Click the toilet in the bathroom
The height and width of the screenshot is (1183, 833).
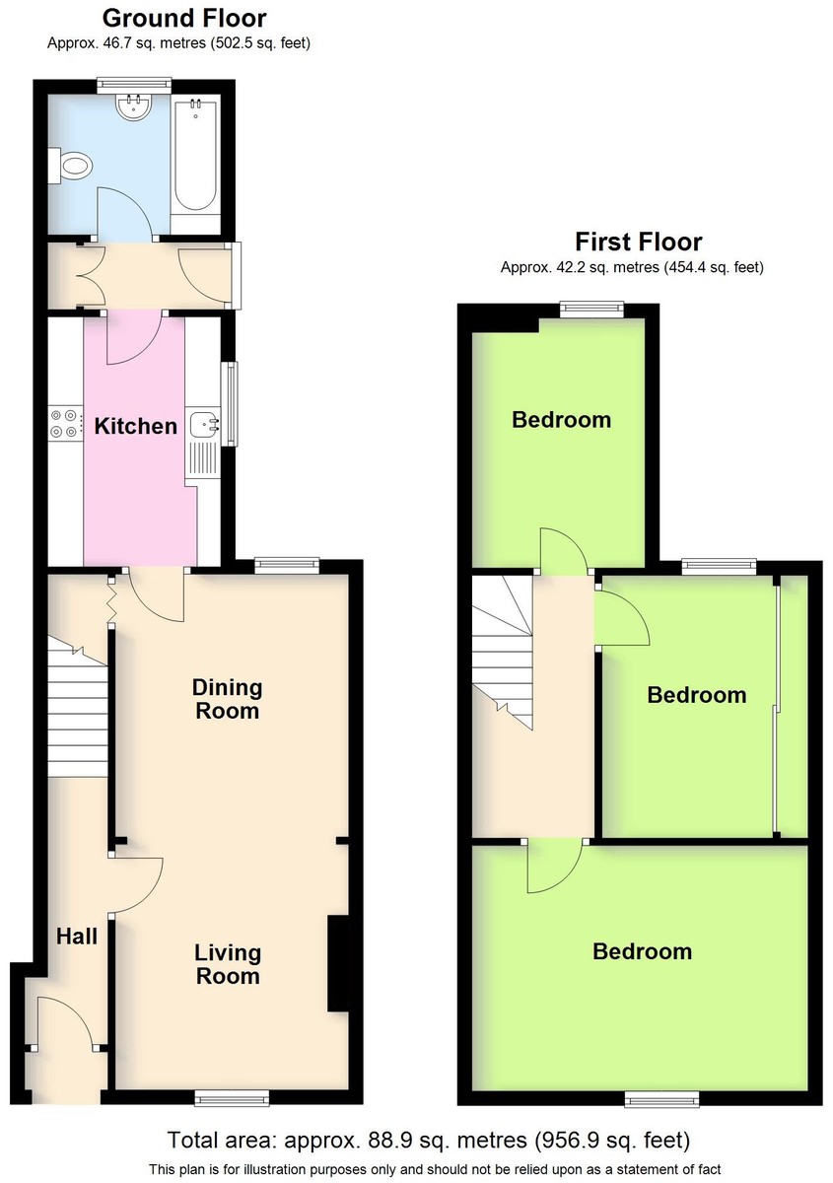pyautogui.click(x=71, y=167)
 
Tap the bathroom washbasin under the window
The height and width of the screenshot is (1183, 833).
pyautogui.click(x=134, y=107)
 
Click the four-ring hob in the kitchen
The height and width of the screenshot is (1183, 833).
pyautogui.click(x=65, y=424)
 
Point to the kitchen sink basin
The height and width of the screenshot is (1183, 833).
pyautogui.click(x=204, y=424)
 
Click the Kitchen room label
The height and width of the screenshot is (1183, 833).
pyautogui.click(x=136, y=426)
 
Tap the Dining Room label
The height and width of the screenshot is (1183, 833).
pyautogui.click(x=227, y=699)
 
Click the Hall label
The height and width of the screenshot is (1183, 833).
pyautogui.click(x=77, y=937)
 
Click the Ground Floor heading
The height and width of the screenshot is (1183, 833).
pyautogui.click(x=184, y=18)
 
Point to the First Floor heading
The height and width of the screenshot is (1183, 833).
pyautogui.click(x=639, y=242)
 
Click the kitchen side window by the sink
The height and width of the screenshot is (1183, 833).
pyautogui.click(x=230, y=404)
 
